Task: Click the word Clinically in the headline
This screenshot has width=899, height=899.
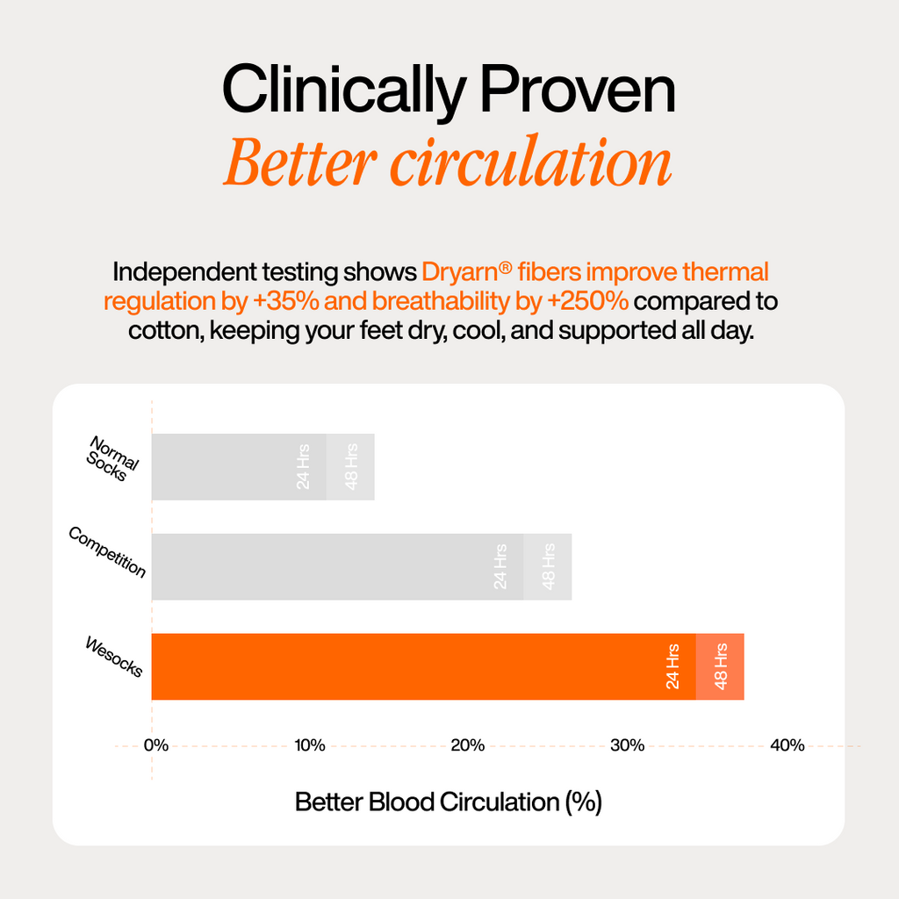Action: tap(343, 91)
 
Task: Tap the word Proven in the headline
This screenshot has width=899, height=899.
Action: tap(578, 90)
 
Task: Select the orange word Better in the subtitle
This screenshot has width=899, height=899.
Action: tap(300, 162)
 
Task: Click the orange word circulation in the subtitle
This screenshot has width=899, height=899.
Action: tap(531, 162)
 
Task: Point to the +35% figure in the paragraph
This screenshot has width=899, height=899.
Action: tap(285, 301)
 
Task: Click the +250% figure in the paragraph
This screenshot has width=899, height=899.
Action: tap(588, 301)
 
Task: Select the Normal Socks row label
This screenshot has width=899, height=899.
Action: tap(112, 458)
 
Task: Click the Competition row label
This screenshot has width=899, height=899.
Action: tap(107, 551)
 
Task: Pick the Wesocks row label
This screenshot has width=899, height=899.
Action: tap(113, 657)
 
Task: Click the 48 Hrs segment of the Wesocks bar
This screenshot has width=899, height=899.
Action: tap(720, 667)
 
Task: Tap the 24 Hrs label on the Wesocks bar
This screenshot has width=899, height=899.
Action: tap(672, 666)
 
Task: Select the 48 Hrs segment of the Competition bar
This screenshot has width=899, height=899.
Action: tap(548, 567)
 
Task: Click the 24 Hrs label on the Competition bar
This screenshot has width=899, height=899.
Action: tap(500, 566)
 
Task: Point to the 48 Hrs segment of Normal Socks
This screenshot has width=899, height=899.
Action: tap(350, 467)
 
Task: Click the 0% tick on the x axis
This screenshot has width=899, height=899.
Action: tap(156, 745)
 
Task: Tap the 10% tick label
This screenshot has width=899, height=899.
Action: tap(310, 745)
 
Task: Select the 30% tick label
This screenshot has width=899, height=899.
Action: tap(627, 745)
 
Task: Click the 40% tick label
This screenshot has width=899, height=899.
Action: tap(788, 745)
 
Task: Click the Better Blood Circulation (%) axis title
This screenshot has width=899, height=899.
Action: tap(449, 802)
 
